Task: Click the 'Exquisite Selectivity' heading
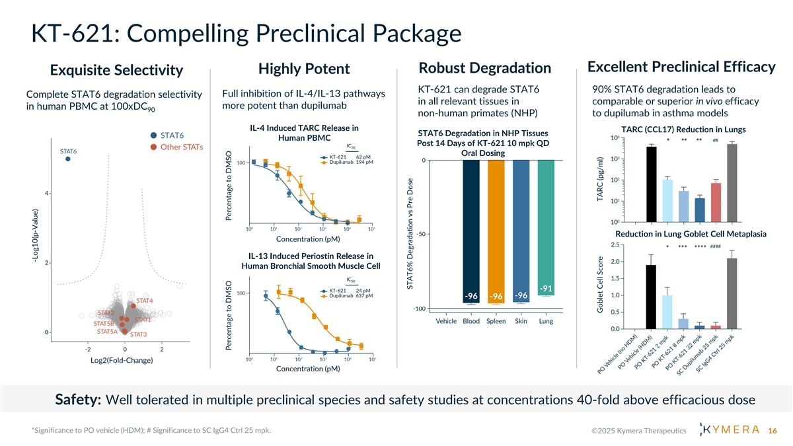click(x=116, y=70)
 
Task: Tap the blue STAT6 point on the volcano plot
click(x=68, y=159)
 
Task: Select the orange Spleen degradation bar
click(x=497, y=231)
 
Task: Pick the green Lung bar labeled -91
click(x=547, y=228)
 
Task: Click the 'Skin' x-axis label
click(x=521, y=322)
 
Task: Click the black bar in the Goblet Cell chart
click(x=651, y=297)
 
